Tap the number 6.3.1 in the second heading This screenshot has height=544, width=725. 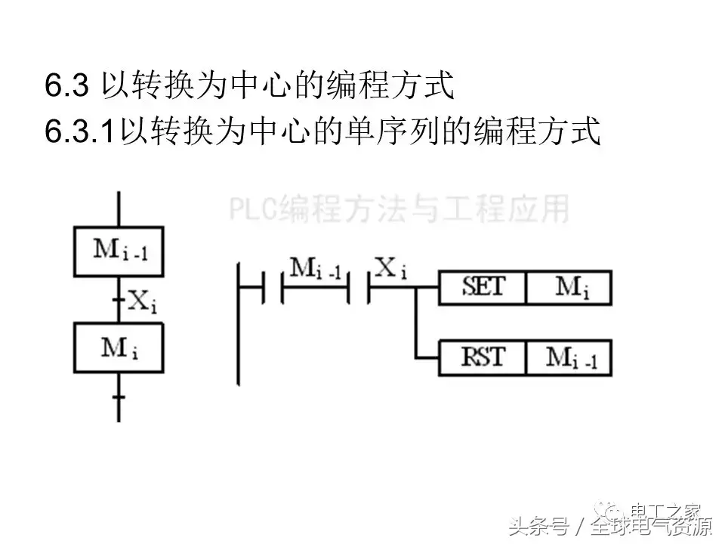[x=79, y=131]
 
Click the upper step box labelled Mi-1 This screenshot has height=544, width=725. [x=119, y=251]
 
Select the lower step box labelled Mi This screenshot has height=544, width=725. [x=119, y=348]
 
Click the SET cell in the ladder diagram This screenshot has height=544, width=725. [x=483, y=288]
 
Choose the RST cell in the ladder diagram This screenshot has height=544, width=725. [x=483, y=357]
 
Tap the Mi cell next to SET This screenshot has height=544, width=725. [x=568, y=288]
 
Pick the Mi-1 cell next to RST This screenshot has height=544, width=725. [x=568, y=357]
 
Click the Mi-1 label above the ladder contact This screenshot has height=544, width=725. [x=316, y=268]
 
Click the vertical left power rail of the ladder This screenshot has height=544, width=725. [x=239, y=325]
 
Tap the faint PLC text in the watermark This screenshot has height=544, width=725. [x=253, y=209]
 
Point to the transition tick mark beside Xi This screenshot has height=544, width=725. [x=119, y=300]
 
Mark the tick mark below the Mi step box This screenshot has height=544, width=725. [x=119, y=395]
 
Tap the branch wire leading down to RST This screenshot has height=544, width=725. [x=416, y=325]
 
